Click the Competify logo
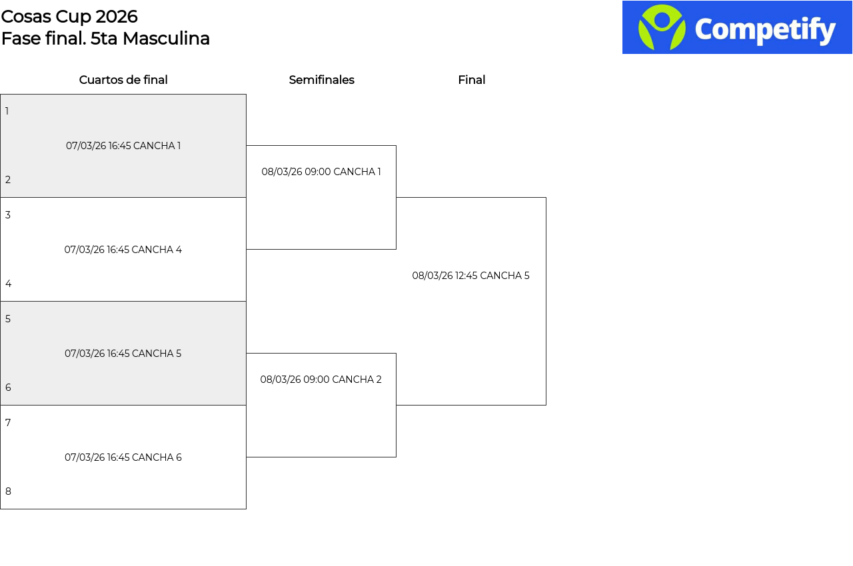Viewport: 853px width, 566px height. pyautogui.click(x=737, y=27)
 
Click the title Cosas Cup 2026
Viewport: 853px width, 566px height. pyautogui.click(x=69, y=17)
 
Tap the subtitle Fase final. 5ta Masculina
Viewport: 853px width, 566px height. pyautogui.click(x=105, y=39)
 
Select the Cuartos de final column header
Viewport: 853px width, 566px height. pyautogui.click(x=123, y=80)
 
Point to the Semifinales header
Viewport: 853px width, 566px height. pyautogui.click(x=321, y=80)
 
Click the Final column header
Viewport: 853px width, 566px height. pyautogui.click(x=471, y=80)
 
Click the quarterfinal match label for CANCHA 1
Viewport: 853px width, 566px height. pyautogui.click(x=123, y=146)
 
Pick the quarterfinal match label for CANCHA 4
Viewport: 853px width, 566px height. pyautogui.click(x=123, y=250)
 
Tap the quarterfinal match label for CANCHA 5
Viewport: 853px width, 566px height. pyautogui.click(x=123, y=354)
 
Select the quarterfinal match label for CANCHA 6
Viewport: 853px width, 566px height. pyautogui.click(x=123, y=457)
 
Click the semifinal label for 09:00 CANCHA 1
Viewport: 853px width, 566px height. pyautogui.click(x=321, y=172)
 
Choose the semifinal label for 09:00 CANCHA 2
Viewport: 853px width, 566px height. pyautogui.click(x=321, y=380)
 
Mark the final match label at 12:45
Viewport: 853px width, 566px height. pyautogui.click(x=470, y=276)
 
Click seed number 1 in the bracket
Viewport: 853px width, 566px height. pyautogui.click(x=7, y=111)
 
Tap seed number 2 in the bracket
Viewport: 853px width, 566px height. pyautogui.click(x=8, y=180)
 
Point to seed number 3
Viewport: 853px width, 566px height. pyautogui.click(x=8, y=215)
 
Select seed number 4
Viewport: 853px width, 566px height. pyautogui.click(x=8, y=284)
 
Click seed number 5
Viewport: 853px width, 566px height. pyautogui.click(x=8, y=319)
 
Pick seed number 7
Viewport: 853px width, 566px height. pyautogui.click(x=8, y=423)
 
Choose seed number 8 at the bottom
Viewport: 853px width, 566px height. pyautogui.click(x=8, y=491)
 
